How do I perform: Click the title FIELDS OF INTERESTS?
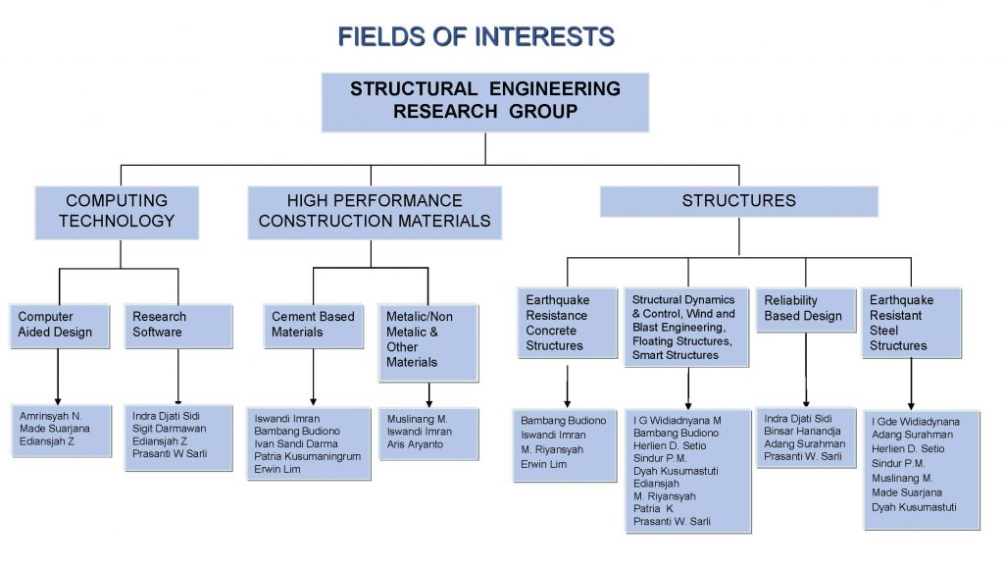pyautogui.click(x=476, y=37)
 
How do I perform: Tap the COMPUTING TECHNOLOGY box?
pyautogui.click(x=117, y=211)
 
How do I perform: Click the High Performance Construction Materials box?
pyautogui.click(x=375, y=211)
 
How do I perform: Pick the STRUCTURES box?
pyautogui.click(x=738, y=201)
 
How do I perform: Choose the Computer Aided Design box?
pyautogui.click(x=58, y=325)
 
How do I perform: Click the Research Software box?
pyautogui.click(x=178, y=325)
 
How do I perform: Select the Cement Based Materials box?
pyautogui.click(x=315, y=325)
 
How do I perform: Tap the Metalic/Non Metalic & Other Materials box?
pyautogui.click(x=428, y=339)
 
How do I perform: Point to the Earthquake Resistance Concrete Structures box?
pyautogui.click(x=568, y=323)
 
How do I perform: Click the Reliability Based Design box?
pyautogui.click(x=805, y=308)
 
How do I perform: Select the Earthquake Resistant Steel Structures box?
pyautogui.click(x=910, y=323)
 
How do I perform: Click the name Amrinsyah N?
pyautogui.click(x=50, y=416)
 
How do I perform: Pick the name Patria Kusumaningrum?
pyautogui.click(x=308, y=456)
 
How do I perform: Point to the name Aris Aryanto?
pyautogui.click(x=415, y=444)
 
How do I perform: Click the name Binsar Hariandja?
pyautogui.click(x=804, y=431)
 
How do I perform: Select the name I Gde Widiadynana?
pyautogui.click(x=916, y=422)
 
